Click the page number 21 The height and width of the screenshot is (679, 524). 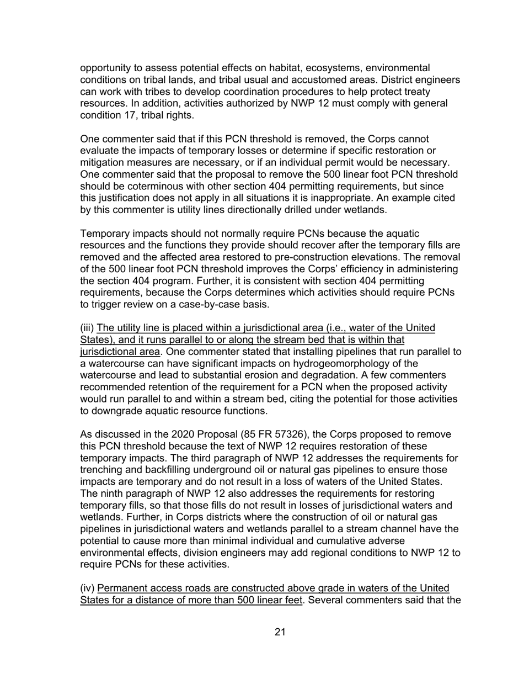tap(280, 632)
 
